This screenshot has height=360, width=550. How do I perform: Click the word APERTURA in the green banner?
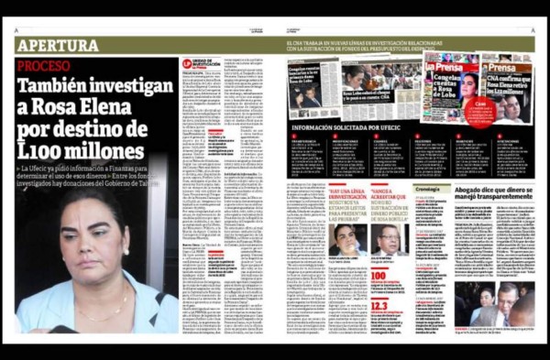point(57,45)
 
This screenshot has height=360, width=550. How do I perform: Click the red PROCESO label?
point(43,66)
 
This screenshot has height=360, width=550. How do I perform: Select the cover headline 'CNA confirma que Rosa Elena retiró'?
point(509,88)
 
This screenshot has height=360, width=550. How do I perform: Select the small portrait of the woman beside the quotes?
point(347,239)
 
